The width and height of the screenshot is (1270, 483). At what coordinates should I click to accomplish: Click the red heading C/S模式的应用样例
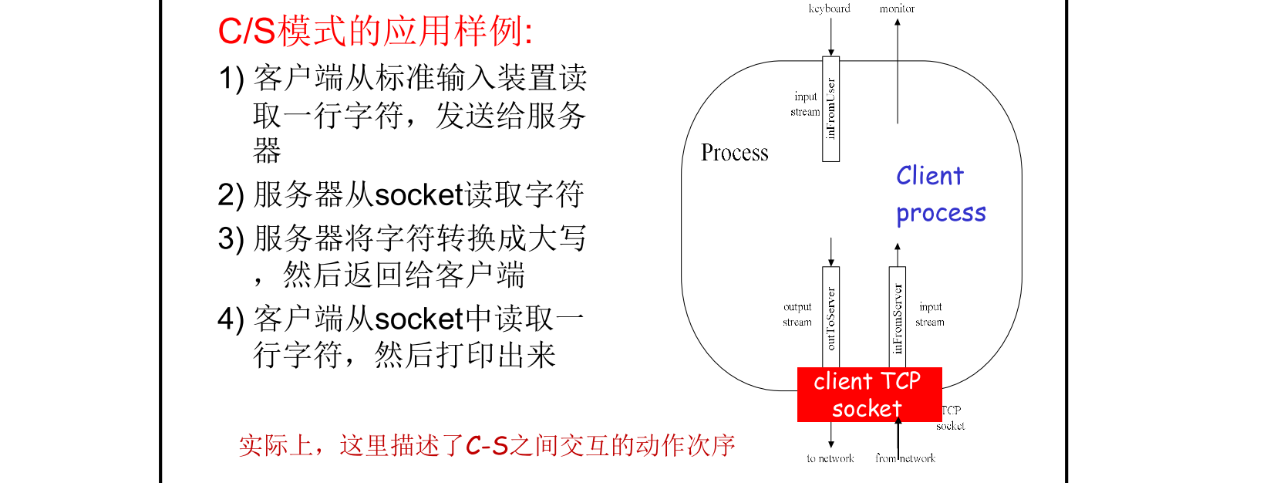[x=375, y=32]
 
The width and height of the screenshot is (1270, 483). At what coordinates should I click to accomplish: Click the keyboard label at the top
[x=829, y=8]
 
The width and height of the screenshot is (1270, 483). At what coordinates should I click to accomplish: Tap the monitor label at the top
[x=897, y=8]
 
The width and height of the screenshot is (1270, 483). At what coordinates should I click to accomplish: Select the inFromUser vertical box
[x=830, y=109]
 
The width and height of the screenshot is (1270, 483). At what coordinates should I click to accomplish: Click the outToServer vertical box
[x=830, y=318]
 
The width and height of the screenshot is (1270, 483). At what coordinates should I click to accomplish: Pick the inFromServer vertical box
[x=897, y=318]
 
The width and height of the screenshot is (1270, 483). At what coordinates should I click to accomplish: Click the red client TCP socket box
[x=868, y=394]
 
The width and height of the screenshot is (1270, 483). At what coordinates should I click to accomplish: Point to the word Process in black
[x=734, y=153]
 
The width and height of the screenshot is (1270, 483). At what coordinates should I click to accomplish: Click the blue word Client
[x=929, y=176]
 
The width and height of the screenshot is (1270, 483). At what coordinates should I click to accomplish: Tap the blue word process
[x=941, y=213]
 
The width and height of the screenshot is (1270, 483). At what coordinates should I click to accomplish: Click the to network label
[x=830, y=458]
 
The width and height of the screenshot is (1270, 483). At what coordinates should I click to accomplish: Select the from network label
[x=905, y=458]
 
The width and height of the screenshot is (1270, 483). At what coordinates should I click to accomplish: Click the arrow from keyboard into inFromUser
[x=830, y=36]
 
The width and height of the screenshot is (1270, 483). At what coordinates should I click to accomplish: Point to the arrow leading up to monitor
[x=897, y=69]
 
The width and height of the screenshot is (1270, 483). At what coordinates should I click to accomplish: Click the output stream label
[x=797, y=314]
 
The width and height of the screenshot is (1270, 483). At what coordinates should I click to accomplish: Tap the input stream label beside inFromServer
[x=930, y=314]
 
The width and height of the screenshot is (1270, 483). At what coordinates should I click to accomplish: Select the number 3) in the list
[x=231, y=238]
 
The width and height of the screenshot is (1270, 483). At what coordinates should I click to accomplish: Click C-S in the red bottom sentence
[x=487, y=445]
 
